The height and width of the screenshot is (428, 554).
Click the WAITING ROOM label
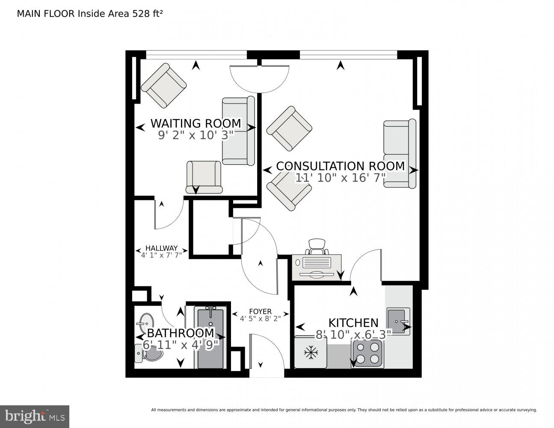196,123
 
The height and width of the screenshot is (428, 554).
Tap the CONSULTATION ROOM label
340,166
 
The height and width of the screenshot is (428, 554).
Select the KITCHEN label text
353,322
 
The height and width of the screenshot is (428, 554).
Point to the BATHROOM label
180,333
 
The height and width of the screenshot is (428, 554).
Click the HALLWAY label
161,248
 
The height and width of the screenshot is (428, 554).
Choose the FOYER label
260,312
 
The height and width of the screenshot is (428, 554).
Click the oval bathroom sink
146,321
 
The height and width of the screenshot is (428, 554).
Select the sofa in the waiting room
238,131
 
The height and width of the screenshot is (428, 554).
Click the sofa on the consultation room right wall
400,153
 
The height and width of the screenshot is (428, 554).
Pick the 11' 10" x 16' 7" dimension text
341,178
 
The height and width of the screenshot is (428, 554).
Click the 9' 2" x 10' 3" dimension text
196,135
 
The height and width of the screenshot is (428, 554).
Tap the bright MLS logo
34,416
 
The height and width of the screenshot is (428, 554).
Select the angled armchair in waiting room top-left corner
164,86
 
